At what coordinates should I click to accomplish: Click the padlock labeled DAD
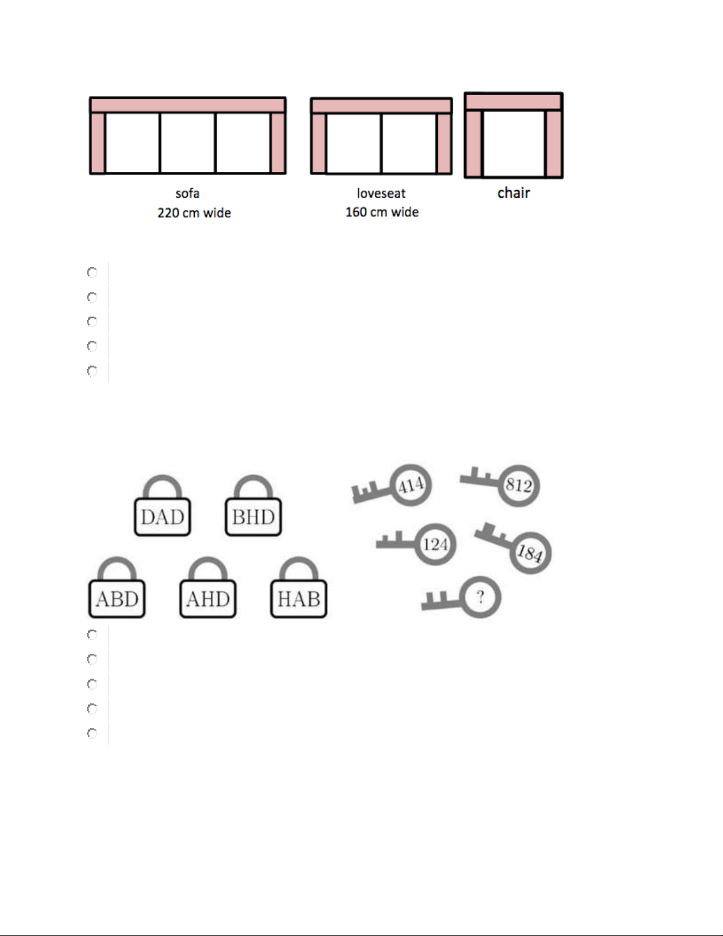pos(162,508)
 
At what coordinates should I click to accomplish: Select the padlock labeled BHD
pos(253,508)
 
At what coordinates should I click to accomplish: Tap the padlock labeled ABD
pos(117,590)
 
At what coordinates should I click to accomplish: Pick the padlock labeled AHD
pos(208,590)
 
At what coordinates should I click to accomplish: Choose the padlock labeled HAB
pos(299,590)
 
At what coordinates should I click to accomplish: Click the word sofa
pos(187,193)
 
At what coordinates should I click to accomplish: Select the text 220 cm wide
pos(194,213)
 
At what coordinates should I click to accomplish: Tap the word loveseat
pos(381,193)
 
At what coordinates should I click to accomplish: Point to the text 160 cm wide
pos(382,212)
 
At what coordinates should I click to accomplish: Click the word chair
pos(513,193)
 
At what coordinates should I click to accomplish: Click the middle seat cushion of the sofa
pos(188,143)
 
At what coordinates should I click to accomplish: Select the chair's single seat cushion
pos(513,144)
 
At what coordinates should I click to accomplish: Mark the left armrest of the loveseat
pos(318,144)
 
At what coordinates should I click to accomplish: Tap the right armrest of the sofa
pos(278,143)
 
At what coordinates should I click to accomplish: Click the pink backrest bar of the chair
pos(513,102)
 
